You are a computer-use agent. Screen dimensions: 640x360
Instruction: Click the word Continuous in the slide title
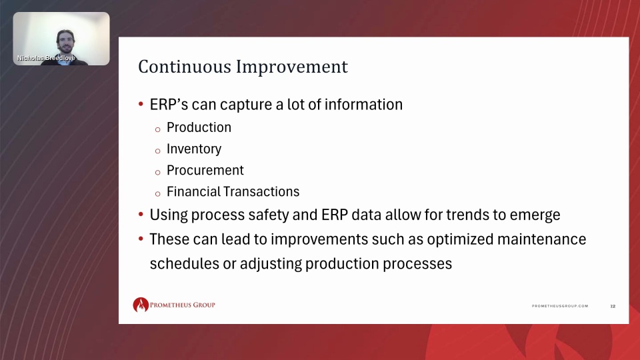point(185,67)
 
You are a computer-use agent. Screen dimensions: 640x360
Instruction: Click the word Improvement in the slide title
point(292,67)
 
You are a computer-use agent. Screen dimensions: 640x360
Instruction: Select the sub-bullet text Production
point(199,127)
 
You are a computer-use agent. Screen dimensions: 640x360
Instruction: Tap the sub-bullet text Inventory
point(194,149)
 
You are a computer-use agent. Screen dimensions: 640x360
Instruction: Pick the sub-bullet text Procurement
point(205,170)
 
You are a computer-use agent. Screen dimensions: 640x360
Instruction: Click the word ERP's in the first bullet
point(169,105)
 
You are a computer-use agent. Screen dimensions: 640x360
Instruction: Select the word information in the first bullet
point(363,105)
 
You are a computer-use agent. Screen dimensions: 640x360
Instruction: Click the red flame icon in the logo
point(141,305)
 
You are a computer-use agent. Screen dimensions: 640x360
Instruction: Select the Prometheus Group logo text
point(183,305)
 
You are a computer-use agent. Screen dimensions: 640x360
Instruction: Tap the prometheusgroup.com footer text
point(560,306)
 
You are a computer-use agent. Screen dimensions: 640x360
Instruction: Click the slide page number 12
point(613,306)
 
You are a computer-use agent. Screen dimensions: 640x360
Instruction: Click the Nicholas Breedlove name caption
point(46,58)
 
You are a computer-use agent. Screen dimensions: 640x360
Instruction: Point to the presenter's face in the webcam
point(65,41)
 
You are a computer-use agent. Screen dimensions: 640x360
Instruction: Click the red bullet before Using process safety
point(141,214)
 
